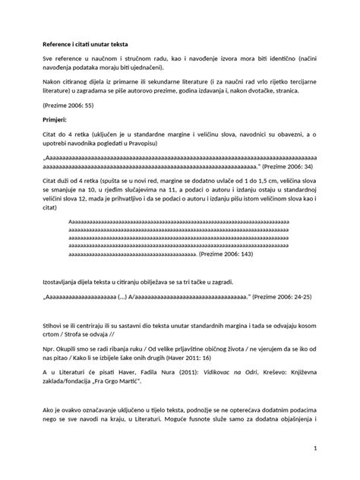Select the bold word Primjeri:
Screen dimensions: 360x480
point(55,120)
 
